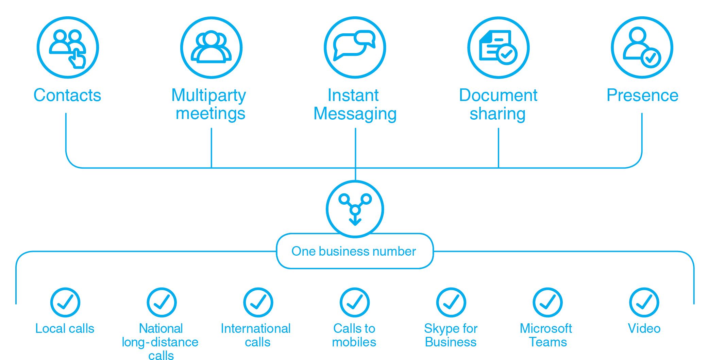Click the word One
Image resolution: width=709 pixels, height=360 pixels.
click(x=303, y=251)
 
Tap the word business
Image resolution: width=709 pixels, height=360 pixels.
click(x=344, y=251)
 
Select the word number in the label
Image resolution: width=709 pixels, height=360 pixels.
click(x=394, y=251)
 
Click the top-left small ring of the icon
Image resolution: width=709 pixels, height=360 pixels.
click(x=344, y=199)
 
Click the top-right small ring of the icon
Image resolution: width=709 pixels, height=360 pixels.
click(x=366, y=199)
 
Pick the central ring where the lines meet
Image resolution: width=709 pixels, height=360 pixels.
click(x=355, y=210)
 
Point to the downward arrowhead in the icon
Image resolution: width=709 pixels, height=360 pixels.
click(x=355, y=223)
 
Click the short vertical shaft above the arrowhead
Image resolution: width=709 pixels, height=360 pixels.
click(x=355, y=218)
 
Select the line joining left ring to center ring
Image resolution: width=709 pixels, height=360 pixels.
click(x=350, y=204)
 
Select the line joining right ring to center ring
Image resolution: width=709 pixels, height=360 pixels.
click(x=361, y=204)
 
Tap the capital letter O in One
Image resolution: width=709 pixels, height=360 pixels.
click(x=297, y=251)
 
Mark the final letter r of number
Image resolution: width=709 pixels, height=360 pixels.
click(x=414, y=252)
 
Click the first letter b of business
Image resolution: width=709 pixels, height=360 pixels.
click(x=322, y=251)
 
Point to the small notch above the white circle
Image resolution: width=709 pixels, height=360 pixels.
click(x=355, y=178)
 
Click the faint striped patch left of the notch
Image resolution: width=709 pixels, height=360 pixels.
click(x=346, y=178)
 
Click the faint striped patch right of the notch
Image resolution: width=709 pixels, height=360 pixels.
click(x=365, y=178)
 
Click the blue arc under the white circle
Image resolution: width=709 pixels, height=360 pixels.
click(x=355, y=237)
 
